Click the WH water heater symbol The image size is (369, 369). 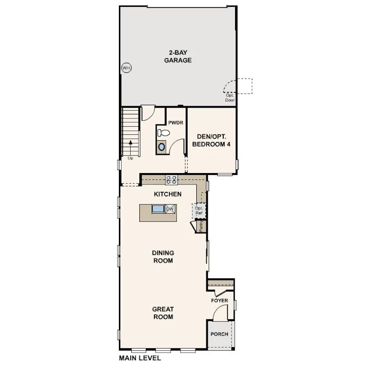[126, 68]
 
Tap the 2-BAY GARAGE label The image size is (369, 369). [178, 56]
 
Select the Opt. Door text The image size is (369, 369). [230, 97]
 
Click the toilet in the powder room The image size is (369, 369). [163, 133]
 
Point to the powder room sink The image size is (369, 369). [161, 147]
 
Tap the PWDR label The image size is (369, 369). [175, 123]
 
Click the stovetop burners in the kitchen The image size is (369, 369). [172, 180]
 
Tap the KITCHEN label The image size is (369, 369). [168, 194]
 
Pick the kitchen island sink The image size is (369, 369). [158, 209]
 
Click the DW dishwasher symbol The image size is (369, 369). [170, 209]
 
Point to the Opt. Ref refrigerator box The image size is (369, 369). [199, 211]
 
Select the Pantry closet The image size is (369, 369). [201, 226]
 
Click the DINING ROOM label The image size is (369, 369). [163, 257]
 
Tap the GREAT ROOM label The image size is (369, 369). [163, 313]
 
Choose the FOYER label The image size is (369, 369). [220, 301]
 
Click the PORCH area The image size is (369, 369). [219, 334]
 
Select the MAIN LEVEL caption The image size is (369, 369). [139, 359]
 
